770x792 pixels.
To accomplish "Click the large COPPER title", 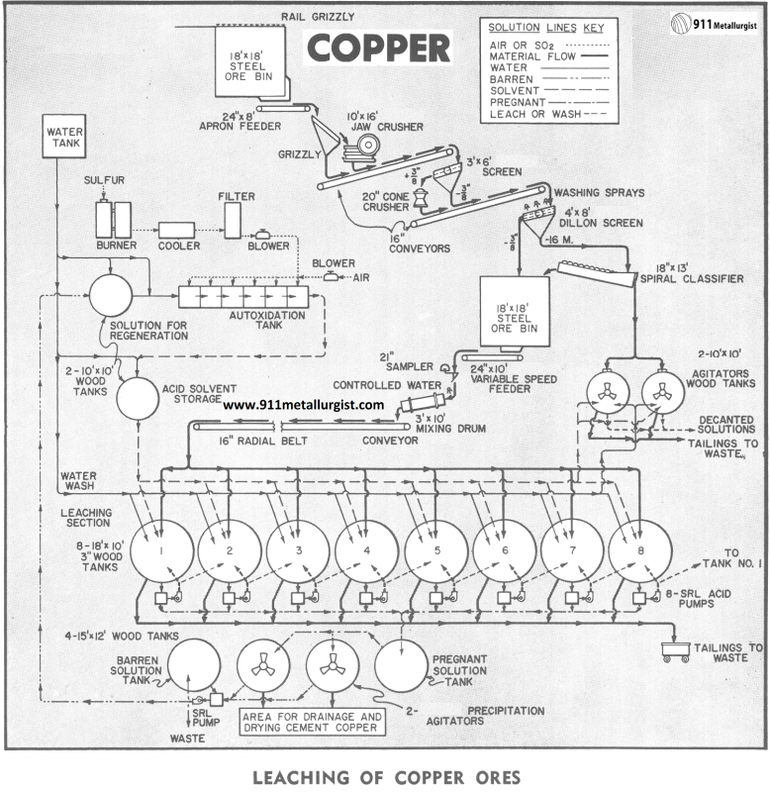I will click(x=379, y=47).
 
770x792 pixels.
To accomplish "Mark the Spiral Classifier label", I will click(x=698, y=279).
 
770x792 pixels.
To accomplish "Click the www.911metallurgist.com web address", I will click(x=303, y=405).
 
